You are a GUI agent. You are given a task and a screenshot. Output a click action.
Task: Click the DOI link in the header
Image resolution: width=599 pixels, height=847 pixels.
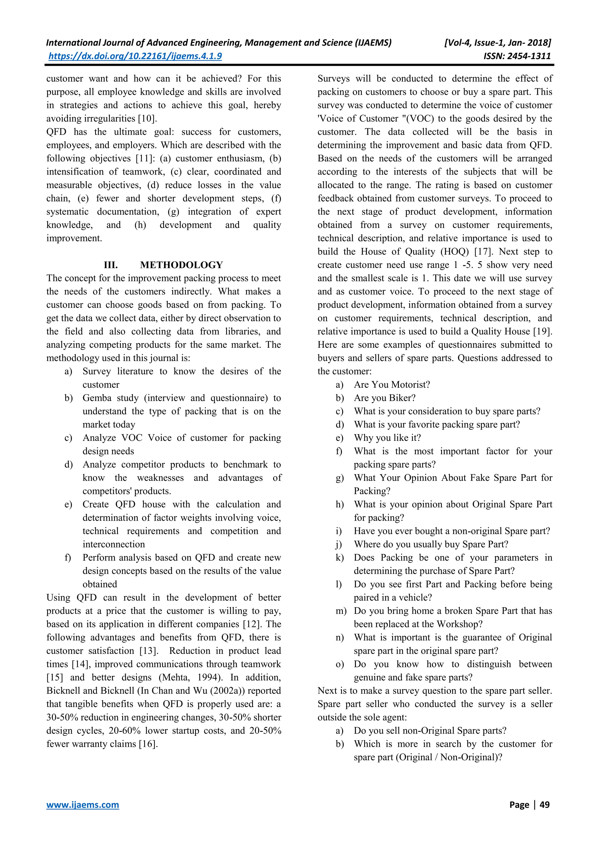pos(135,56)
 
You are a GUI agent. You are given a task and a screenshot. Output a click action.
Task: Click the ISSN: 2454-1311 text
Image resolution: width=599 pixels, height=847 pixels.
pos(517,56)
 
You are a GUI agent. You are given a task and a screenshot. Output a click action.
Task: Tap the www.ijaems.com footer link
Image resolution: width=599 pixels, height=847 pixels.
pos(82,805)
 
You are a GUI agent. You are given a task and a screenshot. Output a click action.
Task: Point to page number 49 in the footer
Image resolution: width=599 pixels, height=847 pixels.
pos(544,805)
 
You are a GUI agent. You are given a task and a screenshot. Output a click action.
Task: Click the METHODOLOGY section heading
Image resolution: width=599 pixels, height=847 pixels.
pos(181,265)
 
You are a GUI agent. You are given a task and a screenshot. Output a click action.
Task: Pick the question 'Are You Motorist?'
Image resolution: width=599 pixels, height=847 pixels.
pos(392,385)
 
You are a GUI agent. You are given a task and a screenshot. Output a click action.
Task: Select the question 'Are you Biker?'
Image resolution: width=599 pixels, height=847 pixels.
pos(384,398)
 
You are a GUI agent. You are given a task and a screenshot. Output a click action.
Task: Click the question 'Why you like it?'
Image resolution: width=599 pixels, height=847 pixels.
pos(387,438)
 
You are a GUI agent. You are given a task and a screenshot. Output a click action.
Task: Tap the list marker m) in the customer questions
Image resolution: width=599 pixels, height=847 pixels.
pos(340,611)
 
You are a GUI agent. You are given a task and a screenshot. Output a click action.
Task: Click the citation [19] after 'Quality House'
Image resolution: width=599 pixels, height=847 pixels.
pos(542,331)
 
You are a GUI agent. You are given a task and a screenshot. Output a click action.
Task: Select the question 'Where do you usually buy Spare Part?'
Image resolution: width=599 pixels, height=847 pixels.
pos(431,545)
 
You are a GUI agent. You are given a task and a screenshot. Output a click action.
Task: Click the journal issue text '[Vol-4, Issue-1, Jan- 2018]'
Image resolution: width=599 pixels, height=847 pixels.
pos(498,43)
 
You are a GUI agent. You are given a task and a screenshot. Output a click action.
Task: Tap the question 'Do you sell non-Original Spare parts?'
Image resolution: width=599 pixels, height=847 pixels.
pos(430,731)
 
